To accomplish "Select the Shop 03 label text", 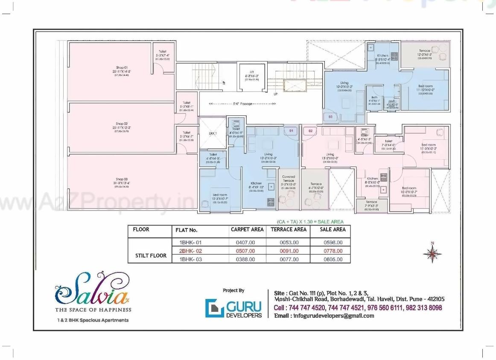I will [122, 179].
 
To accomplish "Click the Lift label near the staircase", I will [252, 72].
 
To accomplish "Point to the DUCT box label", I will [213, 134].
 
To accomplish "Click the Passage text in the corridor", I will [247, 104].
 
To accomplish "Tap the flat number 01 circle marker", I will [292, 130].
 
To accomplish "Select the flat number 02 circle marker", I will [310, 131].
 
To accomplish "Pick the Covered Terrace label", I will [289, 179].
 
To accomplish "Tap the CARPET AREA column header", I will [247, 230].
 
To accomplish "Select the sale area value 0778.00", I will [333, 251].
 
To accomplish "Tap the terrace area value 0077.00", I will [289, 259].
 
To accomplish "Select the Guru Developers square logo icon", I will [214, 308].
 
